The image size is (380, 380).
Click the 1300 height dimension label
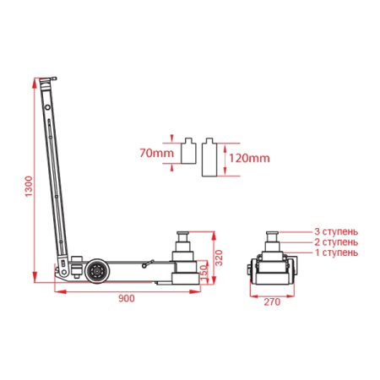click(x=29, y=187)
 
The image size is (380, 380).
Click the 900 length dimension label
click(x=127, y=298)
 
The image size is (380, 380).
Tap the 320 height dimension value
click(x=219, y=258)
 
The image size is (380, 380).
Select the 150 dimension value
click(x=204, y=271)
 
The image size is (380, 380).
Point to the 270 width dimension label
click(x=272, y=302)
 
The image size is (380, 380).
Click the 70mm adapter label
click(x=157, y=153)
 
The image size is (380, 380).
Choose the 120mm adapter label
click(x=249, y=158)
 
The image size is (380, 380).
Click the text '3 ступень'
click(x=336, y=232)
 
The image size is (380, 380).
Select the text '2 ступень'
click(x=336, y=242)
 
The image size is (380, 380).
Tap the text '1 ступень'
click(x=336, y=252)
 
